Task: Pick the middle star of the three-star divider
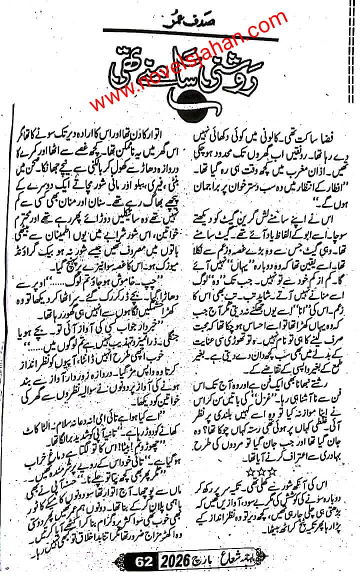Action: coord(279,469)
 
